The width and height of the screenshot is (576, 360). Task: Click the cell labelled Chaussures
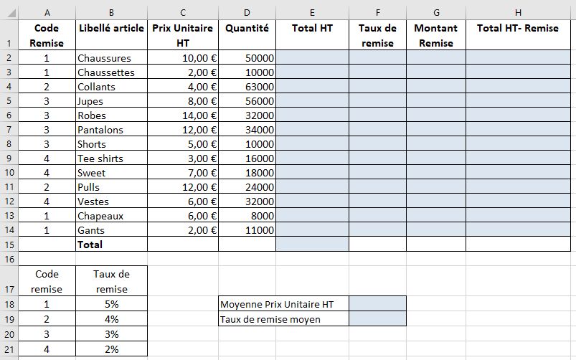click(x=105, y=58)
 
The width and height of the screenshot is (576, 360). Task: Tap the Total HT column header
click(x=313, y=28)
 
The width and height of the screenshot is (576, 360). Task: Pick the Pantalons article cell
click(x=100, y=130)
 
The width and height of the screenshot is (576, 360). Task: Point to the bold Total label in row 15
click(x=90, y=245)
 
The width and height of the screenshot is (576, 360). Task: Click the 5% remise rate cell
click(x=111, y=303)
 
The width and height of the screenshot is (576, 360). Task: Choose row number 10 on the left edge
click(x=9, y=173)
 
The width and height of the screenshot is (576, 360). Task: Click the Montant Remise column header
click(x=436, y=35)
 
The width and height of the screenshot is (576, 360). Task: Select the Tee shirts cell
click(x=100, y=158)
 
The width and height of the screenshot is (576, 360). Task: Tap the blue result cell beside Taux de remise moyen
click(x=377, y=319)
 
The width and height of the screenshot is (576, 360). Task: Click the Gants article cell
click(x=91, y=230)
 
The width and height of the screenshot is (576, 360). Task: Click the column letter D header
click(x=247, y=12)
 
